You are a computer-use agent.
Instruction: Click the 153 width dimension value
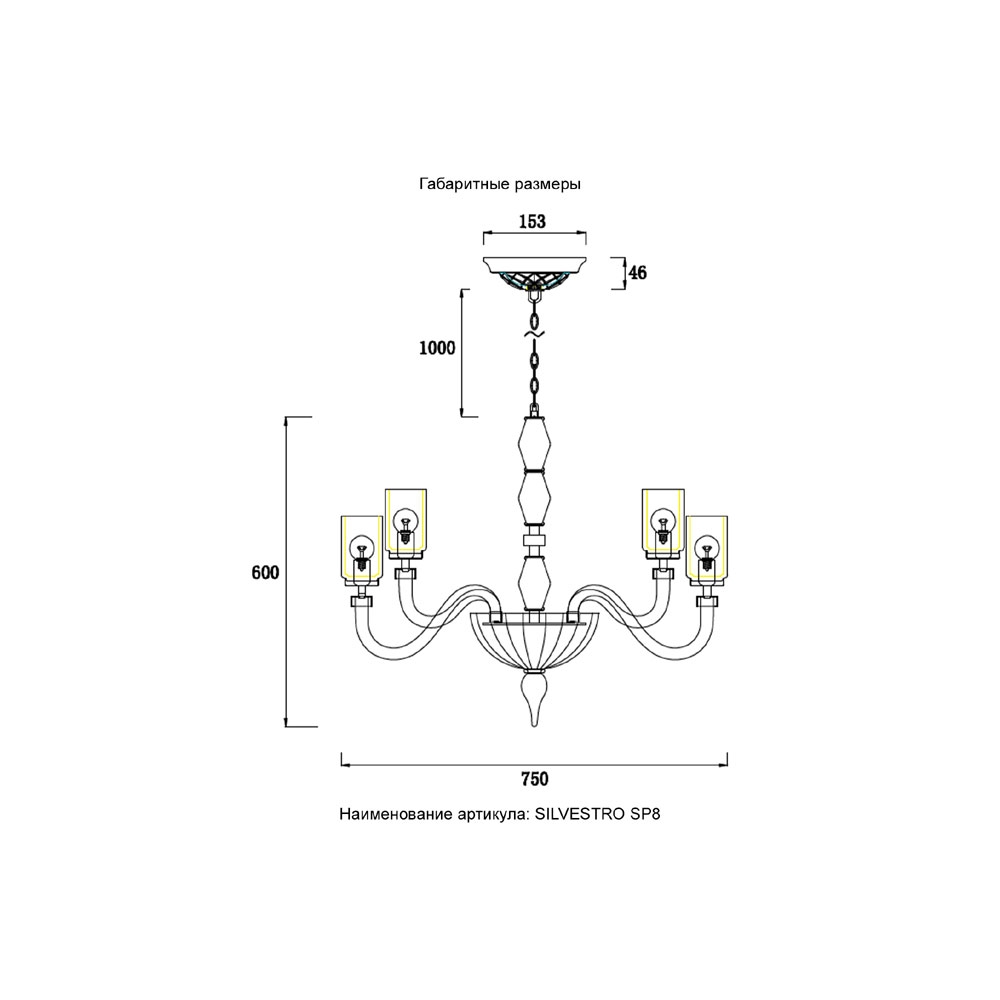tap(533, 221)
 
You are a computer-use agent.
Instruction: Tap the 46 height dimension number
tap(637, 273)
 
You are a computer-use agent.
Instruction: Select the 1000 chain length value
tap(437, 348)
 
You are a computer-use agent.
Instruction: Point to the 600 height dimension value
tap(265, 573)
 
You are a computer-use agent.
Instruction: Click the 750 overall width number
tap(534, 779)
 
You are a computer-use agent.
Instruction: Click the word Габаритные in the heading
tap(456, 184)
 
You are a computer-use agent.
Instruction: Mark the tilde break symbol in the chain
tap(534, 334)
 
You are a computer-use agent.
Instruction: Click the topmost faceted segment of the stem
tap(534, 444)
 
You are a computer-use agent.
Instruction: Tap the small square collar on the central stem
tap(534, 541)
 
